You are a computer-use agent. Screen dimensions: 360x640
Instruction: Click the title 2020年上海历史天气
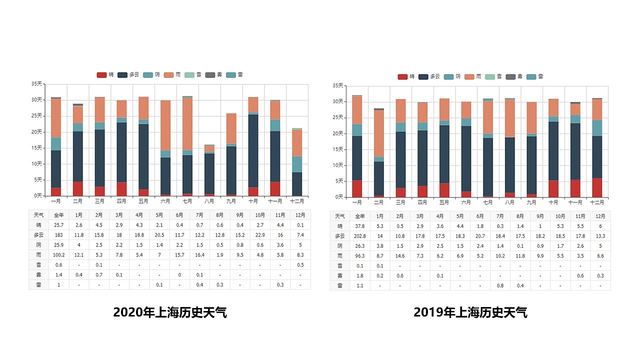point(170,312)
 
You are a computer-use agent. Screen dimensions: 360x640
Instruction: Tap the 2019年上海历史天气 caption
point(470,312)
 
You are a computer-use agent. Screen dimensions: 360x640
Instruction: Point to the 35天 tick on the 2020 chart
point(37,84)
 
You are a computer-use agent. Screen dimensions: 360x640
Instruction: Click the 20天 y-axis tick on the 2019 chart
point(338,133)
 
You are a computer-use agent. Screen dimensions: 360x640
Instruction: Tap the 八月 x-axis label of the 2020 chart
point(209,201)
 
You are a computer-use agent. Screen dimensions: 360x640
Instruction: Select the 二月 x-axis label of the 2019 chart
point(378,202)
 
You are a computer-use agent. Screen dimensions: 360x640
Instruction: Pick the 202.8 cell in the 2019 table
point(360,236)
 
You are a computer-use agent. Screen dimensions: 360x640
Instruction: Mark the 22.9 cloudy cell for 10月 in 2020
point(260,235)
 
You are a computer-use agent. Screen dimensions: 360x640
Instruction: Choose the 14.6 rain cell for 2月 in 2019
point(400,255)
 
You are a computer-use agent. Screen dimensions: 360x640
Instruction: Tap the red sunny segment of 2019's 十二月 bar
point(597,187)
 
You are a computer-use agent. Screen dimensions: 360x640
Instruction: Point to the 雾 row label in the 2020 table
point(38,274)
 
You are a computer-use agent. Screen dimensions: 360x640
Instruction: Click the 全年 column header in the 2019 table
point(360,216)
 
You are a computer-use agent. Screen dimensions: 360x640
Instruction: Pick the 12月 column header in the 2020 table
point(300,214)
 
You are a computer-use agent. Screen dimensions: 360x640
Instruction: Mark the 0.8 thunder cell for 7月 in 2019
point(500,285)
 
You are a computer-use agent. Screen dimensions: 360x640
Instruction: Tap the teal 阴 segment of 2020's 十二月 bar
point(297,164)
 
